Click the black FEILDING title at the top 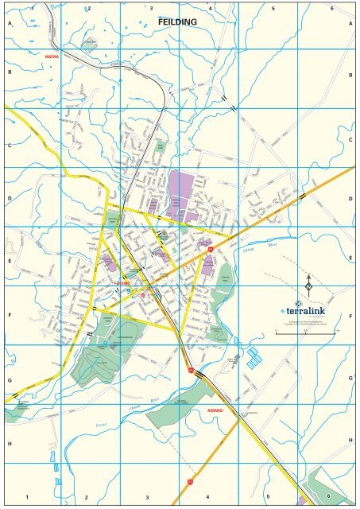(177, 22)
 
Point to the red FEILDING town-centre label (122, 283)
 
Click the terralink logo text (306, 311)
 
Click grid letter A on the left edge (10, 24)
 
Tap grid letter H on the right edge (350, 440)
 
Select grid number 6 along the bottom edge (328, 497)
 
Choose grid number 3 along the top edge (151, 7)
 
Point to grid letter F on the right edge (350, 316)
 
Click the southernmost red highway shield (191, 481)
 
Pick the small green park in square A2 (90, 44)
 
